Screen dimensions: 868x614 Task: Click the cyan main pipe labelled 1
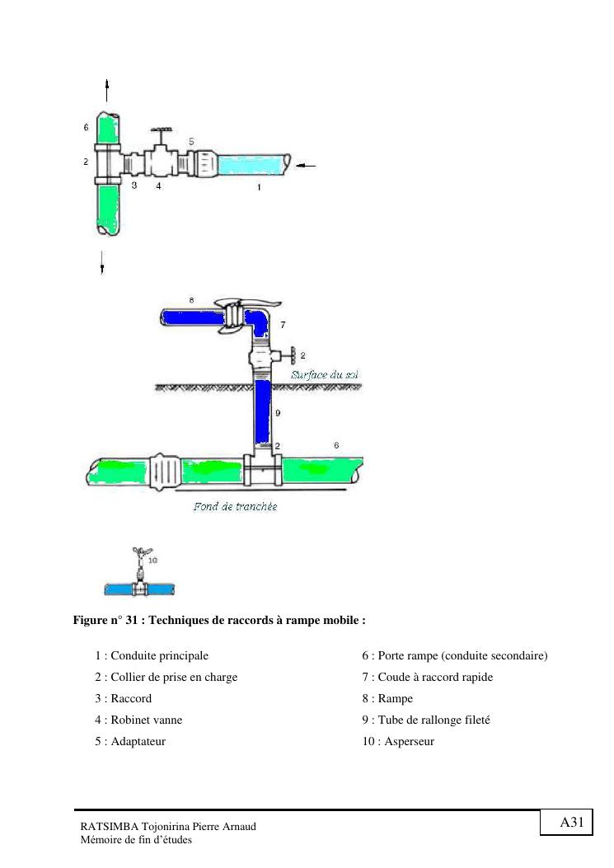click(x=251, y=164)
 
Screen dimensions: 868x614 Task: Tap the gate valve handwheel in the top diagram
click(x=160, y=131)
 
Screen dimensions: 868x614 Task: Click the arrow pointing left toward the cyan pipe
click(x=305, y=166)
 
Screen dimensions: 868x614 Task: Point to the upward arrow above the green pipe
click(x=107, y=91)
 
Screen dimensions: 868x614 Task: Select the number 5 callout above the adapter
click(x=190, y=141)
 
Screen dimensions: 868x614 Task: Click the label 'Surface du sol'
click(x=324, y=375)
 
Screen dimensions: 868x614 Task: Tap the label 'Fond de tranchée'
click(x=235, y=506)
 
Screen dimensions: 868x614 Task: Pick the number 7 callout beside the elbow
click(x=283, y=326)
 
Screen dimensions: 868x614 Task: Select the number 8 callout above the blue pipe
click(x=191, y=301)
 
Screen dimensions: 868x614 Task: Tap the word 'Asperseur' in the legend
click(x=405, y=741)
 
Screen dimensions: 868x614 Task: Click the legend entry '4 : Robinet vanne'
click(x=138, y=720)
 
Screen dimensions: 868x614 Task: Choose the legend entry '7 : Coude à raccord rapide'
click(x=427, y=677)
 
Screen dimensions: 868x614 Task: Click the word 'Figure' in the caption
click(x=91, y=620)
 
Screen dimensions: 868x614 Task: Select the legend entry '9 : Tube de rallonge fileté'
click(x=426, y=720)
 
